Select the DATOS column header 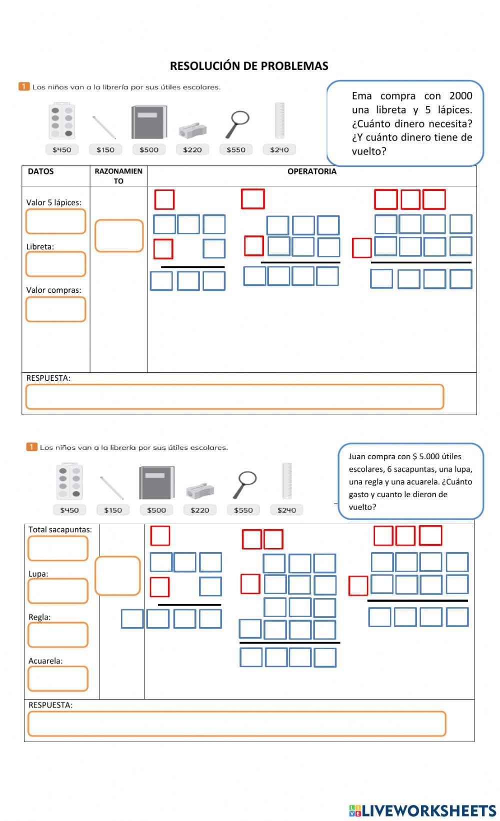40,171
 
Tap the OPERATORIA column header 311,171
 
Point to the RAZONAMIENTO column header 118,176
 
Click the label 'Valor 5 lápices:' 53,202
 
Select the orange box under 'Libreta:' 55,264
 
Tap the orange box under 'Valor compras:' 55,309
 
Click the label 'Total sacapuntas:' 60,529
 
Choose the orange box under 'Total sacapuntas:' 58,548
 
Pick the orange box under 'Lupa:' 58,591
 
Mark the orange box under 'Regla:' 58,635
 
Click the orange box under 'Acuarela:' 58,679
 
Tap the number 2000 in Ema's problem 460,96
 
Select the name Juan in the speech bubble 357,456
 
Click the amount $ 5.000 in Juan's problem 429,456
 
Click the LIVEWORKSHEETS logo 422,810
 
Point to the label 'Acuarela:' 45,661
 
